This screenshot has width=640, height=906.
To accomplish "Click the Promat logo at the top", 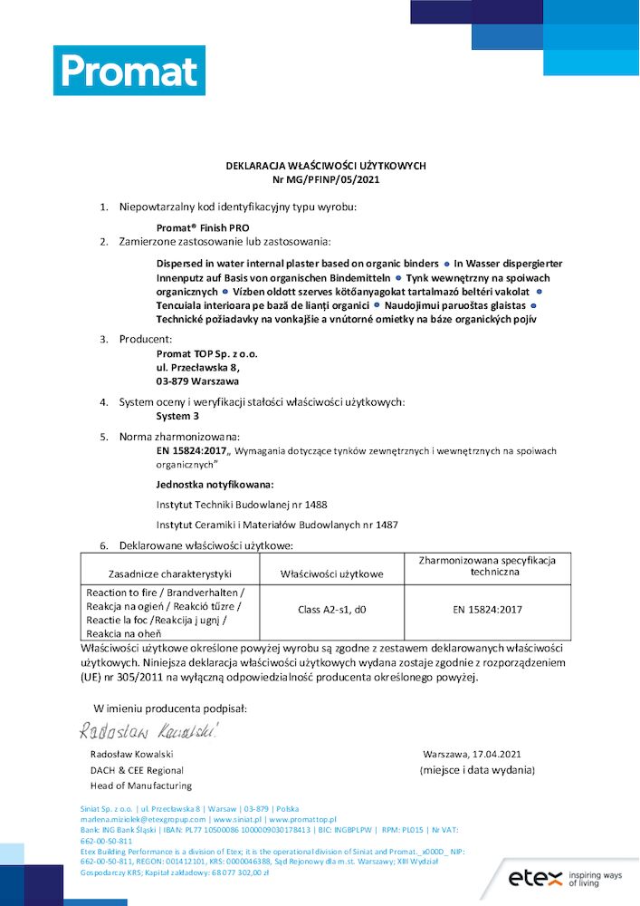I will tap(129, 71).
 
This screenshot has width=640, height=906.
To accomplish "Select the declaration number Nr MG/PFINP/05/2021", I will tap(325, 179).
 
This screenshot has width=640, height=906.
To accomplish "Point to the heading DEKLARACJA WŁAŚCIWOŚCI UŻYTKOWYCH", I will tap(325, 166).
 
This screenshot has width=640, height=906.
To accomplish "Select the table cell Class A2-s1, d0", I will tap(331, 610).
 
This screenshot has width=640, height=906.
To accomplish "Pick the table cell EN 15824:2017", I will tap(487, 610).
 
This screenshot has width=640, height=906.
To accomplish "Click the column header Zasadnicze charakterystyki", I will tap(170, 573).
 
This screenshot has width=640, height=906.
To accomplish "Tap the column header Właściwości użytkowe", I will tap(331, 573).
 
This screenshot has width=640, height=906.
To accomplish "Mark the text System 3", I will tap(177, 417).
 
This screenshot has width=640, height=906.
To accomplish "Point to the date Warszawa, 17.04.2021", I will tap(472, 754).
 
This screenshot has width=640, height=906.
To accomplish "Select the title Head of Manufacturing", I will tap(140, 786).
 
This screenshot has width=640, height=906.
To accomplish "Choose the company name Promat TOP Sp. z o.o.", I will tap(206, 353).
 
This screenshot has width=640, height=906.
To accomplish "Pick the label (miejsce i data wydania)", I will tap(477, 770).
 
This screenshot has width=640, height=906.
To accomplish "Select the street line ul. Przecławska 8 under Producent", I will tap(198, 368).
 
